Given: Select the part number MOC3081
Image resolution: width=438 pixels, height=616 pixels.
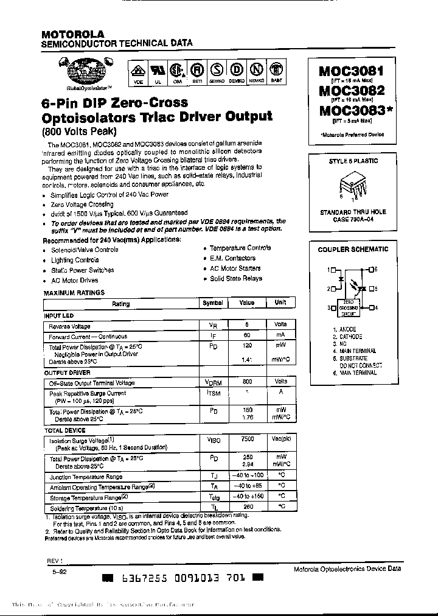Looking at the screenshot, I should tap(351, 71).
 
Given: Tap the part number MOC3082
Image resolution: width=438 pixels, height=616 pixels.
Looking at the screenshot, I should tap(351, 91).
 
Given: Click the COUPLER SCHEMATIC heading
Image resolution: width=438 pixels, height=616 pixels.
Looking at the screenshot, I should tap(353, 250).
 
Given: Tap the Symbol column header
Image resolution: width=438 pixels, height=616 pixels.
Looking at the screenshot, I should tap(212, 303).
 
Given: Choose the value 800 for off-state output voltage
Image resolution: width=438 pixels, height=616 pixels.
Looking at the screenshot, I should tap(248, 382).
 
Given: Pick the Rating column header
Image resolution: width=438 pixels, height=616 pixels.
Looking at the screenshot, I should tap(121, 303).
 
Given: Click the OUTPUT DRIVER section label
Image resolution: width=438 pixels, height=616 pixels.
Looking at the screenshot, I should tap(67, 373).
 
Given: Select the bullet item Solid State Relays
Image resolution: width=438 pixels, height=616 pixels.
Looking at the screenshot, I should tap(236, 279).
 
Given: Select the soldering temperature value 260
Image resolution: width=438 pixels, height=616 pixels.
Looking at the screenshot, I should tap(248, 506).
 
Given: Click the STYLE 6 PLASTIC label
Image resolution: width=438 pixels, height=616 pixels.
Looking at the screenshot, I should tap(353, 161).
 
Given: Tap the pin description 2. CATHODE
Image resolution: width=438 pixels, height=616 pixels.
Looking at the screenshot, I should tap(348, 337).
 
